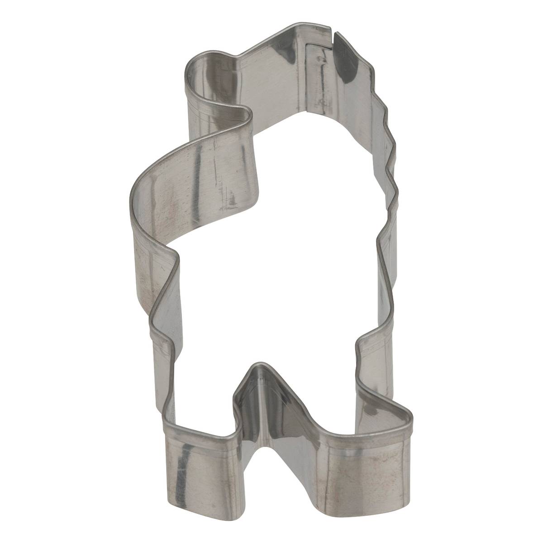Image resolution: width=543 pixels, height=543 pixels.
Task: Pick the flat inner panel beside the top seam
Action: pos(321,77)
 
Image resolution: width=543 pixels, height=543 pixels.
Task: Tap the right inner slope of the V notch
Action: pos(290,407)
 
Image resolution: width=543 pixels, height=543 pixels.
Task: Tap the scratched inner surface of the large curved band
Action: pos(204,181)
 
